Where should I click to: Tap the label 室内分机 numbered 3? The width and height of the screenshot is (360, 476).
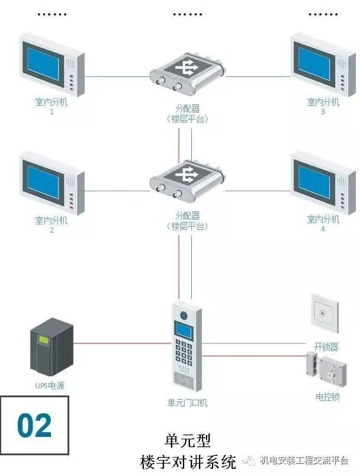[323, 102]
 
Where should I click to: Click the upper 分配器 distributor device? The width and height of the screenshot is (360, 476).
[187, 74]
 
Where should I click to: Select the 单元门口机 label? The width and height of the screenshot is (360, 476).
[187, 403]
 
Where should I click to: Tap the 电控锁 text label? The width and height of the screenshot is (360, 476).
[327, 397]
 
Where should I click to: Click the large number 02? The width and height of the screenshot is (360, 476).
[34, 426]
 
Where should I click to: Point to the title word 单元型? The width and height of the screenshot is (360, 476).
[187, 440]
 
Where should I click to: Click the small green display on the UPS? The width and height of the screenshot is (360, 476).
[44, 340]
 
